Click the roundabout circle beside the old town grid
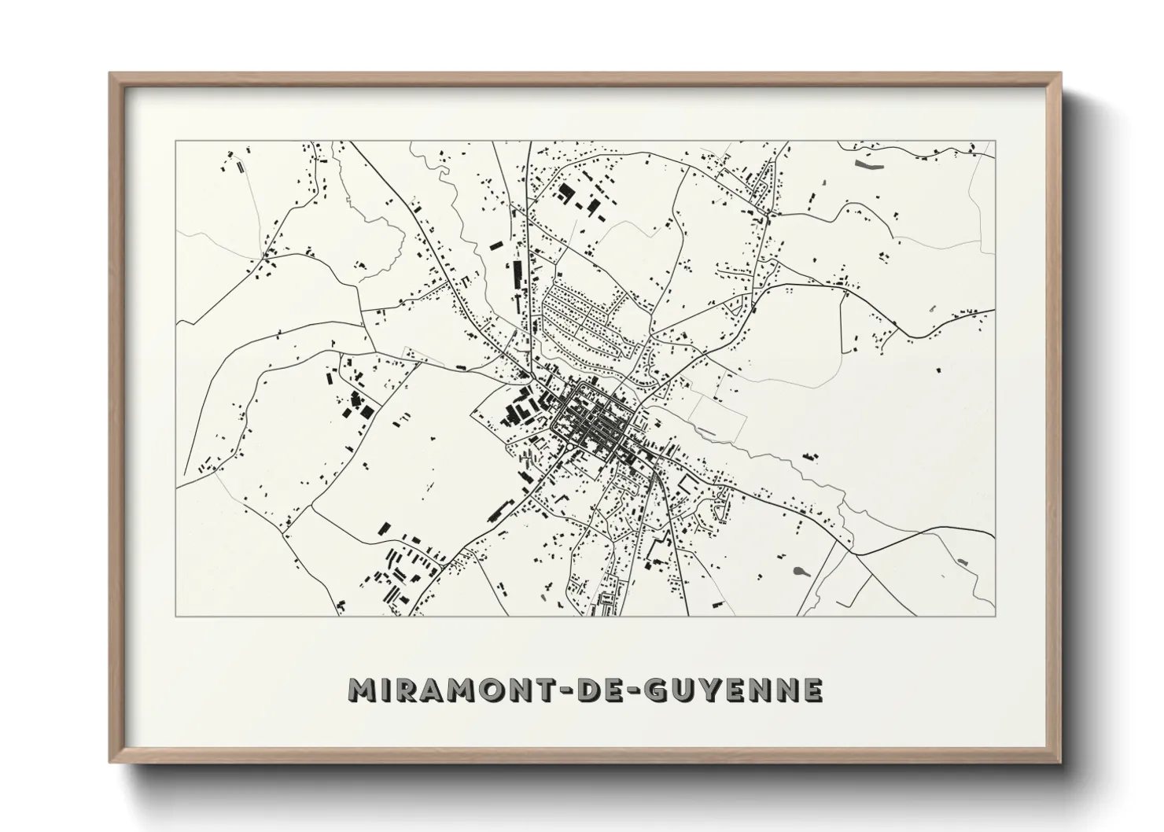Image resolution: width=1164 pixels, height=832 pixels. pyautogui.click(x=568, y=447)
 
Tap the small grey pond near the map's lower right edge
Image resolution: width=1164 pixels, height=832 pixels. pyautogui.click(x=963, y=561)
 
